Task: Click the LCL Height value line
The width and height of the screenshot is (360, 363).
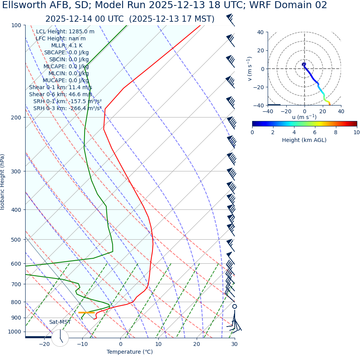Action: (65, 32)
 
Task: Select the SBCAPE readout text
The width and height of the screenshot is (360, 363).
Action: (66, 53)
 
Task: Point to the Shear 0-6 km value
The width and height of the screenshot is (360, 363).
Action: (61, 95)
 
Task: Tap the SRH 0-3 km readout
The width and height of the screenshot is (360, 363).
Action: (67, 109)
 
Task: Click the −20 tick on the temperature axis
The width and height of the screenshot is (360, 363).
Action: (44, 344)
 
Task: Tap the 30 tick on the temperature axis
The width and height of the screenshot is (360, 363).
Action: (234, 344)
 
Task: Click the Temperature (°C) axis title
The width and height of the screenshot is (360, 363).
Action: (130, 352)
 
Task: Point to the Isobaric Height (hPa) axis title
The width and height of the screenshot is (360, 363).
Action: (3, 182)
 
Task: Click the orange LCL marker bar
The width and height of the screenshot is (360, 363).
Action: (86, 313)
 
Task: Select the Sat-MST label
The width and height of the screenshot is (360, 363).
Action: (60, 322)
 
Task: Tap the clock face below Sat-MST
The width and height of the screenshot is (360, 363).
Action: (60, 338)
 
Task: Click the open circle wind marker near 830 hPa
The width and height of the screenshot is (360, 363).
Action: (234, 306)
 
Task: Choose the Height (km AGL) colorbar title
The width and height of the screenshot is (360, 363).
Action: (304, 140)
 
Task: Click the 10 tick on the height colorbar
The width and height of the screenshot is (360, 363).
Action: (356, 133)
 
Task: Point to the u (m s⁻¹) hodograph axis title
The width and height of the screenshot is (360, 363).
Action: (304, 117)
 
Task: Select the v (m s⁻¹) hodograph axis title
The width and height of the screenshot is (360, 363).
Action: (249, 69)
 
